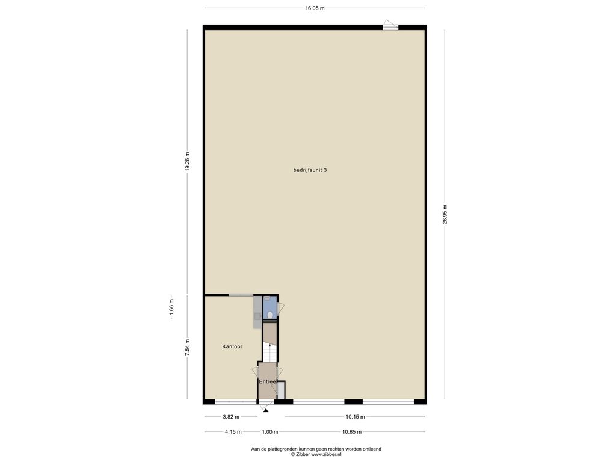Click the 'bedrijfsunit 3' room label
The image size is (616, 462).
[310, 170]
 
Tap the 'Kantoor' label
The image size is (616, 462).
[232, 346]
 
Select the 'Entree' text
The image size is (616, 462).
[267, 381]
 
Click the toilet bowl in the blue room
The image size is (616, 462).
[270, 315]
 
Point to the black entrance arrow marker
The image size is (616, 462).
[266, 410]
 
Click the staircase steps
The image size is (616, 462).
[269, 353]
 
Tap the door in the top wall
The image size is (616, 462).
[390, 25]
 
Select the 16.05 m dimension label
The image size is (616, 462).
[315, 8]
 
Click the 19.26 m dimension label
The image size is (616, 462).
[188, 161]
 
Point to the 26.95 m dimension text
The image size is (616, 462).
[445, 215]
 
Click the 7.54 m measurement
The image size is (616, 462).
[188, 348]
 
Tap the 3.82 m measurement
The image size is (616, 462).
[230, 417]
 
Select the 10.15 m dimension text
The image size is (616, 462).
[355, 417]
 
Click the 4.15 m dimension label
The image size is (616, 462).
[233, 432]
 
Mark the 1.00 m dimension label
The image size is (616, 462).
[270, 432]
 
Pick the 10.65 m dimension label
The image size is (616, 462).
[352, 432]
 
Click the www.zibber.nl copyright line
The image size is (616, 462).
[316, 454]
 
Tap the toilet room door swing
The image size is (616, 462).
[280, 309]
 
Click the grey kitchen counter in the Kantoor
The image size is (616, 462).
[257, 312]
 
